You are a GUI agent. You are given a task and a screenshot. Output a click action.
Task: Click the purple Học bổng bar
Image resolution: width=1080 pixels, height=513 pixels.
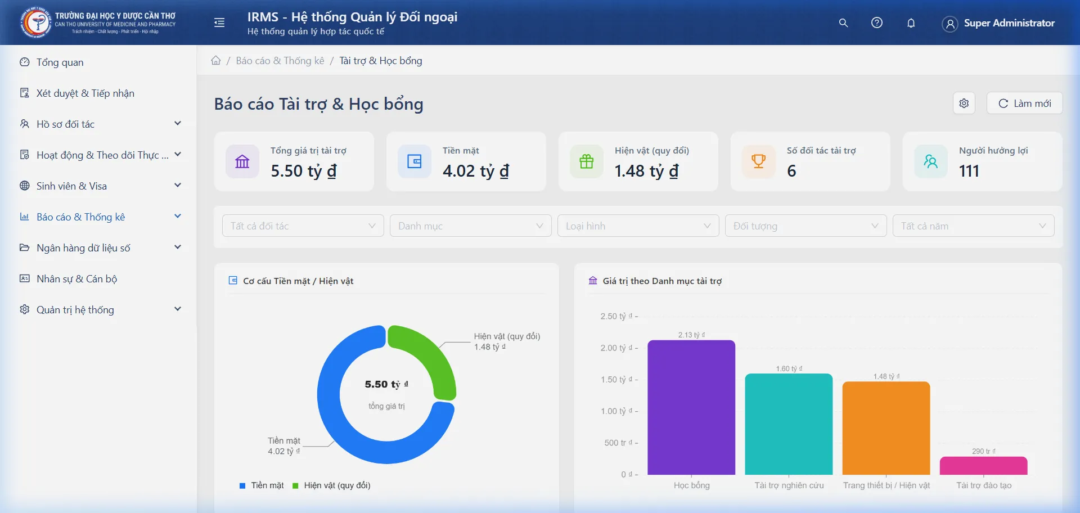click(x=691, y=407)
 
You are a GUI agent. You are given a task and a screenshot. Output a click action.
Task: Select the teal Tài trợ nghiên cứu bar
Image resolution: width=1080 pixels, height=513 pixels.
click(x=789, y=424)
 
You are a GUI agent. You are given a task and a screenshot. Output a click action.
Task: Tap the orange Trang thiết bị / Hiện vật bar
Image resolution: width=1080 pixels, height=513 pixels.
click(x=886, y=428)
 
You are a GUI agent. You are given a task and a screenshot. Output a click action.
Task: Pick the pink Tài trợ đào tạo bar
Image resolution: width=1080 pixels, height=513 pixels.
click(x=983, y=466)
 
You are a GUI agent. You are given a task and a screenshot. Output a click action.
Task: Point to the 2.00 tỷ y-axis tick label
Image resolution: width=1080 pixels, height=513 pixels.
click(x=616, y=348)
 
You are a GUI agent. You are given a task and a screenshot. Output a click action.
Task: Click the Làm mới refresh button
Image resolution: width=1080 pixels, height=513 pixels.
click(x=1024, y=103)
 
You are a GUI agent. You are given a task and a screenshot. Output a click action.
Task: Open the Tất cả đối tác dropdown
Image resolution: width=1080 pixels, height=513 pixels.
click(x=303, y=226)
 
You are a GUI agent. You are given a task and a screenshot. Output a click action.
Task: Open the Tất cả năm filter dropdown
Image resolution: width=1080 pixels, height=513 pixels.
click(x=973, y=226)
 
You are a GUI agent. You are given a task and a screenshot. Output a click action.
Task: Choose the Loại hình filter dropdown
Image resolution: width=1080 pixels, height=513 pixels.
click(x=638, y=226)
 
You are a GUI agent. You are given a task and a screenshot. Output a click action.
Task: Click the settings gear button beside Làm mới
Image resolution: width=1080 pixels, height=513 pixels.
click(x=964, y=103)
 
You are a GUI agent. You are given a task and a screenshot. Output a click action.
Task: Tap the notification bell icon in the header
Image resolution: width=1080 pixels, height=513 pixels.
click(x=911, y=23)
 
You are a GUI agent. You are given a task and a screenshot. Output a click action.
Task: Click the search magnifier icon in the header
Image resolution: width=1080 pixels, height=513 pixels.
click(x=843, y=23)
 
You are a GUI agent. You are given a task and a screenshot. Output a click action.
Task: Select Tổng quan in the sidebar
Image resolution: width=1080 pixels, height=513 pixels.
click(x=60, y=62)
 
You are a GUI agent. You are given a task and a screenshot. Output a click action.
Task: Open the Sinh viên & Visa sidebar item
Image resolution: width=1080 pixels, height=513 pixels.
click(x=71, y=186)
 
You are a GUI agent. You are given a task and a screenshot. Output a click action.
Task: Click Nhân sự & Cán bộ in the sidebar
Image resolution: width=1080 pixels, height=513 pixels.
click(x=76, y=279)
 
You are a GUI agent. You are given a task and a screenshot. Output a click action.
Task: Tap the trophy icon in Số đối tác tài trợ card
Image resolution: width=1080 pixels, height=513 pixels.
click(x=758, y=161)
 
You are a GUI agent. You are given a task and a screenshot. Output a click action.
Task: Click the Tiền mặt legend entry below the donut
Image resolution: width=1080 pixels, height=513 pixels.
click(x=262, y=485)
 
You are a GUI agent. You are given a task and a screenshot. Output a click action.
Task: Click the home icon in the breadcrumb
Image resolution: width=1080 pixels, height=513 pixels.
click(x=216, y=61)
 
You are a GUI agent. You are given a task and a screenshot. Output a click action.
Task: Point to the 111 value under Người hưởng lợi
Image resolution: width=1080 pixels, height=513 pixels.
click(x=969, y=171)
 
